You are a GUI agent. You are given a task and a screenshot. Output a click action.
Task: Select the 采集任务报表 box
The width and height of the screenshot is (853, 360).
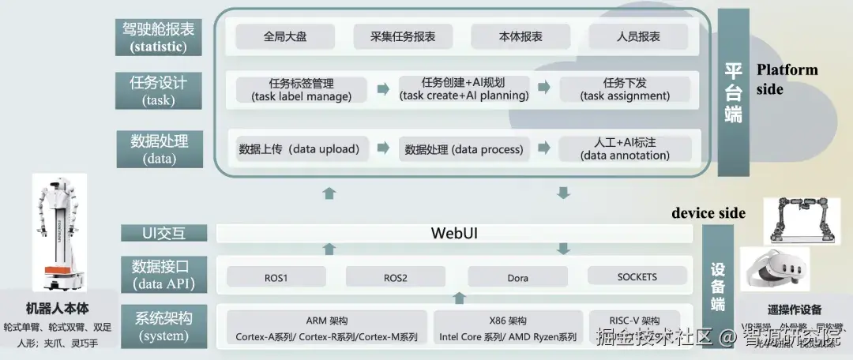(x=402, y=36)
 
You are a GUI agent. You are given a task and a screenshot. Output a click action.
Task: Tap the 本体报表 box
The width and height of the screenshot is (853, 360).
(x=520, y=36)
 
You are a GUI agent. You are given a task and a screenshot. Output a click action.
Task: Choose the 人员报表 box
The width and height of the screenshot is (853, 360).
(x=638, y=36)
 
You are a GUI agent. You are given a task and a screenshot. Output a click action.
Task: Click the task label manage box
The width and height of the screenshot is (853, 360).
(x=301, y=89)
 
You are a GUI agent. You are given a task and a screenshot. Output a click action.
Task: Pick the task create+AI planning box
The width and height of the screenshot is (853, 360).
(x=464, y=89)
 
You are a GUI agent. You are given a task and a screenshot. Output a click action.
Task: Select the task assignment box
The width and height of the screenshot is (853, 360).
(x=625, y=89)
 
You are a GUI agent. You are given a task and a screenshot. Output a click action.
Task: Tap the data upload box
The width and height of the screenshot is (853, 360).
(x=301, y=148)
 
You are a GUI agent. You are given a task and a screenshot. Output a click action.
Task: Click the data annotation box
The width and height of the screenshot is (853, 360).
(x=625, y=148)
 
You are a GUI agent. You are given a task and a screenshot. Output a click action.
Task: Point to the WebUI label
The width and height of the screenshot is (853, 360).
(x=454, y=234)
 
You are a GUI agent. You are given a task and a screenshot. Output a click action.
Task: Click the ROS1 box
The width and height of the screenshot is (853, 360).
(x=276, y=277)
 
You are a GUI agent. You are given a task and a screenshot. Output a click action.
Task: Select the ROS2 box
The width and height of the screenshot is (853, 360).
(x=395, y=277)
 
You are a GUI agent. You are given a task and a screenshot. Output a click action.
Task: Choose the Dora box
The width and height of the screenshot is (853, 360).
(x=517, y=277)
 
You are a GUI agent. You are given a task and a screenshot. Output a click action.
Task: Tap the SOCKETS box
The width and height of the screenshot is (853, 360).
(x=637, y=277)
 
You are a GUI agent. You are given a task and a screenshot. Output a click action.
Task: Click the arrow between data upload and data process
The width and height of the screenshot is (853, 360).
(x=382, y=148)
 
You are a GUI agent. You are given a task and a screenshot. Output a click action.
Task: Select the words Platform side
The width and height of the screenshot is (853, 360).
(x=787, y=79)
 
